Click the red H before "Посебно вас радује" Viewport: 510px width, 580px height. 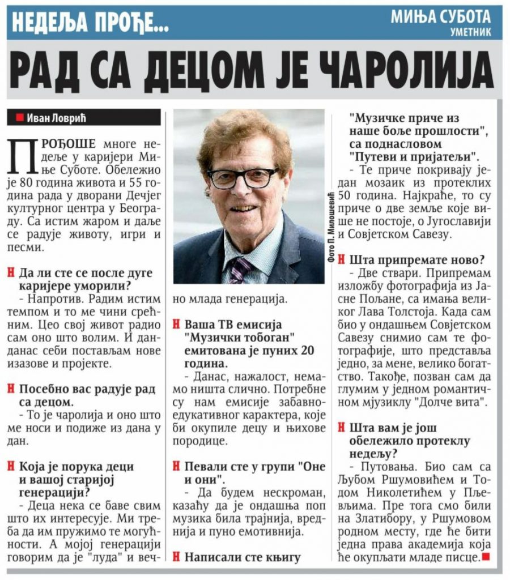11,389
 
